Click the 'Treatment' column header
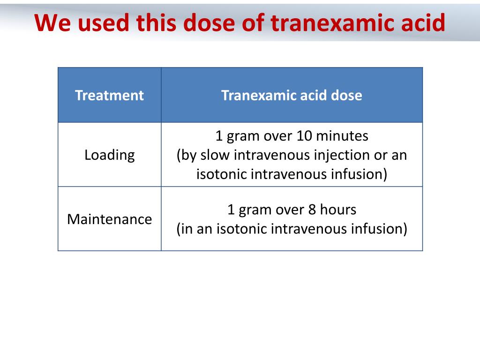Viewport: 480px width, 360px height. click(109, 96)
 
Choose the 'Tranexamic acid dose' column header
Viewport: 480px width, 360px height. click(292, 96)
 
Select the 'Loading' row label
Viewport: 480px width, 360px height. click(109, 155)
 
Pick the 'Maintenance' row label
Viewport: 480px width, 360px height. click(109, 219)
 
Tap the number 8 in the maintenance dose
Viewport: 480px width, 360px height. click(312, 210)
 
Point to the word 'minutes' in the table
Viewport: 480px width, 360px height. click(342, 136)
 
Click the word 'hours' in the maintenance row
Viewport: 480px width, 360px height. click(338, 210)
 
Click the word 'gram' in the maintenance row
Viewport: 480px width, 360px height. click(255, 210)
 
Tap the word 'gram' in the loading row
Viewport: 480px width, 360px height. click(243, 136)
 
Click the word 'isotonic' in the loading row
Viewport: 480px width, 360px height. click(222, 174)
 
